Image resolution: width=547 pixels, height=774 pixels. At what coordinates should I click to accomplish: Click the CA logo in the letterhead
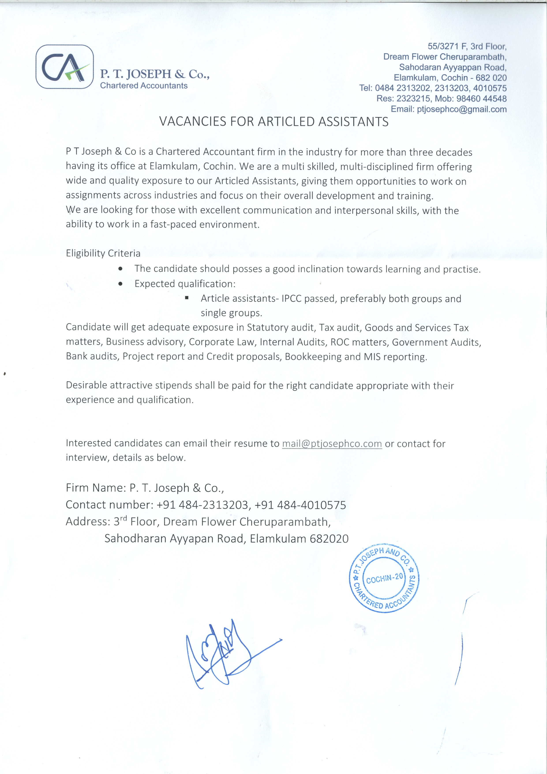[x=64, y=67]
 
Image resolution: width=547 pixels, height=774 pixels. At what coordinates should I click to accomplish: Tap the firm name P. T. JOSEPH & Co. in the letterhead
[x=155, y=74]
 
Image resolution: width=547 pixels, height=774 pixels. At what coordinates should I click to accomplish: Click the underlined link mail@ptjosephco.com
[x=332, y=444]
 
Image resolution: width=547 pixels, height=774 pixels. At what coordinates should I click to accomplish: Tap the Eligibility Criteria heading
[x=103, y=253]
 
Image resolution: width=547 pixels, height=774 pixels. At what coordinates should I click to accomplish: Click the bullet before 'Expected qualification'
[x=120, y=284]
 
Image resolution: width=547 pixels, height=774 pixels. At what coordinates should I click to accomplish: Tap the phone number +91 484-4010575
[x=300, y=505]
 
